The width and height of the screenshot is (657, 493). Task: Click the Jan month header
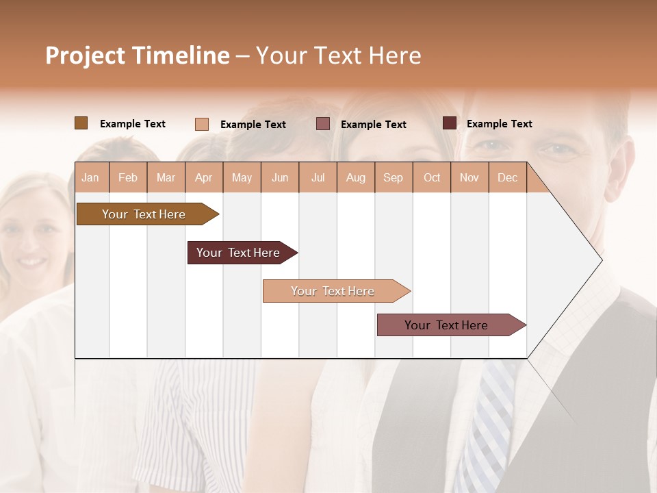click(90, 178)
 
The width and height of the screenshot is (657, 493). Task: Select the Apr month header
click(204, 178)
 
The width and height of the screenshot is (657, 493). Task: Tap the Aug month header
click(355, 178)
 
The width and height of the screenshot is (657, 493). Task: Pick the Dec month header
click(507, 178)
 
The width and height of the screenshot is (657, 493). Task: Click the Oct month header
click(431, 178)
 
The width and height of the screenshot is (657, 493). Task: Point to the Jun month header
click(280, 178)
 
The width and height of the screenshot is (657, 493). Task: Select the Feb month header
click(128, 178)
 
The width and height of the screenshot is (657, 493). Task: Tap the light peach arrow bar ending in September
click(333, 291)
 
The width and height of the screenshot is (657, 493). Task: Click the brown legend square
click(81, 123)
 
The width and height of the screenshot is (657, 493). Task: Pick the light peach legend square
click(201, 124)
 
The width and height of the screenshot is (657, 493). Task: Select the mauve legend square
click(323, 124)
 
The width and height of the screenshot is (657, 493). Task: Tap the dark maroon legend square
click(449, 123)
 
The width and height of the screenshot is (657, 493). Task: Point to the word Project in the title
click(86, 55)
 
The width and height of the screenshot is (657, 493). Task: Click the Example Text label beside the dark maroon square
click(499, 124)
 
